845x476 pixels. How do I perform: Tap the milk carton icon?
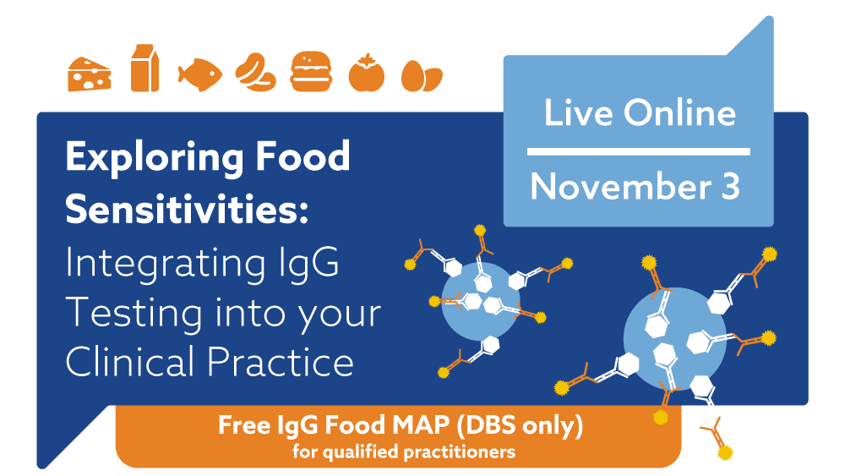pos(145,68)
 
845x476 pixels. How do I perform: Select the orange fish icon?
pos(200,74)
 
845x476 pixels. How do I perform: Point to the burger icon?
pos(311,71)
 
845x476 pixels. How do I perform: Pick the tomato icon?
pos(367,74)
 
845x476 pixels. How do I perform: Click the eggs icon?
pos(422,76)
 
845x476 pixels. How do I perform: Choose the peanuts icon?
pos(255,72)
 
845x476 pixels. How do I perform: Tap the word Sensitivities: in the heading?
pos(187,209)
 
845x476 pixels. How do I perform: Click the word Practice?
pos(281,361)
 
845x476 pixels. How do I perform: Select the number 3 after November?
pos(731,187)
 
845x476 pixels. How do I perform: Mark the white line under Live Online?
pos(638,151)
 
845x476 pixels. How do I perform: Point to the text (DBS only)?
pos(520,426)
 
